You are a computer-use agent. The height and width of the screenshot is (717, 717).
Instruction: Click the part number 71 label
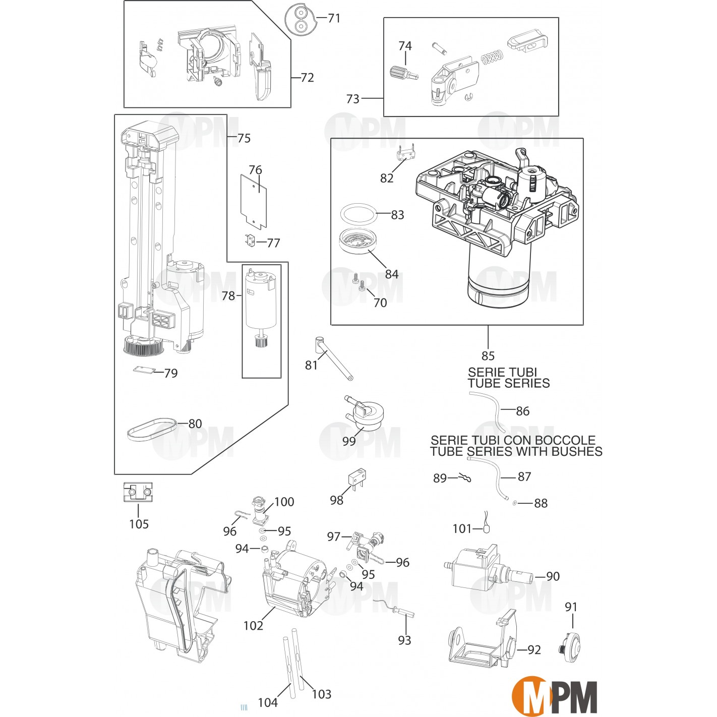(334, 18)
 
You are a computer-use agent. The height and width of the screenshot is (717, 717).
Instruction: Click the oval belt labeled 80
(151, 429)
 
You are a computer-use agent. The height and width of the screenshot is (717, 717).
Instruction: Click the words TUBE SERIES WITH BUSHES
(516, 451)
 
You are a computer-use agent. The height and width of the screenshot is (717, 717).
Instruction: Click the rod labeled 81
(333, 359)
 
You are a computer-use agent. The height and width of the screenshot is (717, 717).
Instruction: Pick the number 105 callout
(139, 524)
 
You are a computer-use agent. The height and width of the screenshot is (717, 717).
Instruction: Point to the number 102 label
(253, 626)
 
